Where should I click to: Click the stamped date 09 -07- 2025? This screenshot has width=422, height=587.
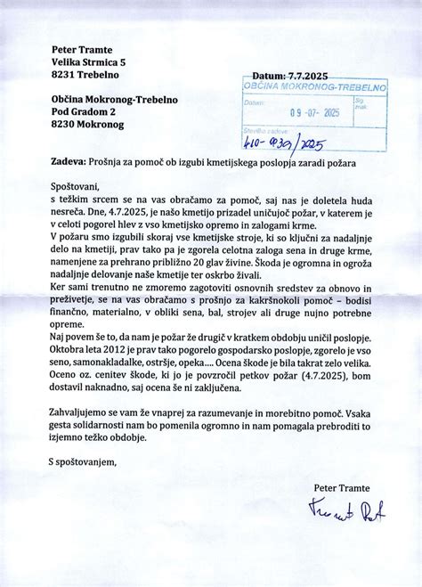(316, 113)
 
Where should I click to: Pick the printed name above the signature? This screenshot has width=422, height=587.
(344, 486)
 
